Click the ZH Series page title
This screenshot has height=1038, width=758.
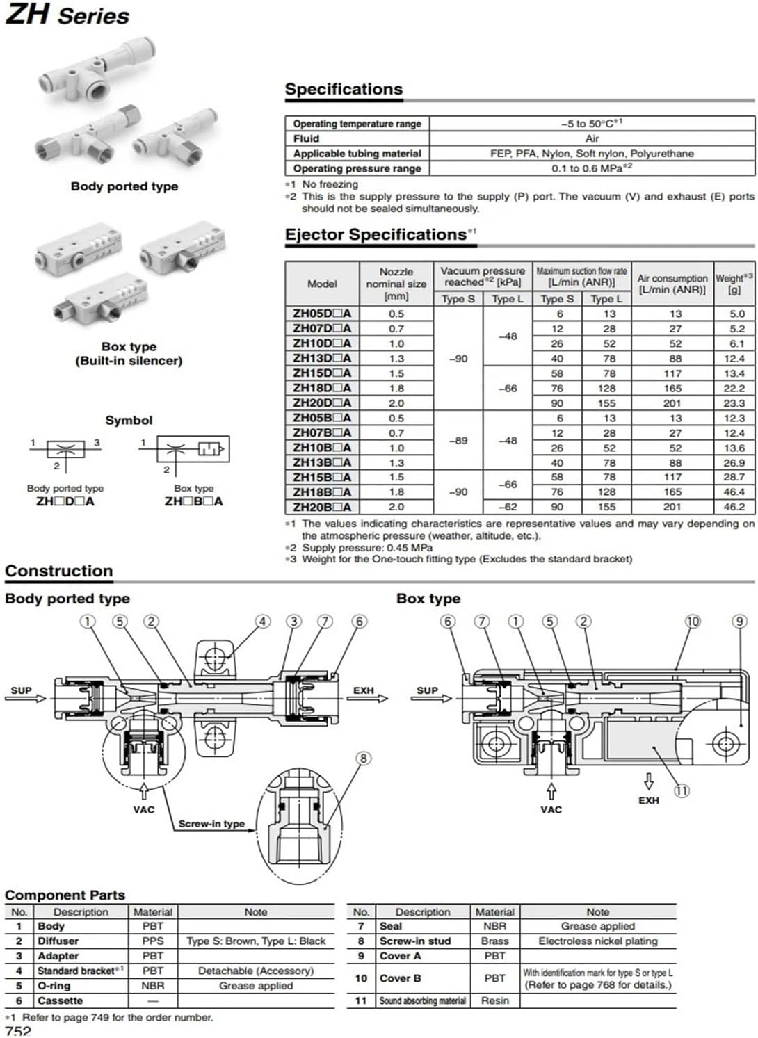pyautogui.click(x=67, y=15)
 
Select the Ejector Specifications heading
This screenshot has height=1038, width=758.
pyautogui.click(x=376, y=234)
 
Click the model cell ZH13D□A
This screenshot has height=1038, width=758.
pyautogui.click(x=322, y=358)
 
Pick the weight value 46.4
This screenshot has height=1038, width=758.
pyautogui.click(x=734, y=492)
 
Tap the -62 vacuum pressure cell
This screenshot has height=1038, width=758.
pyautogui.click(x=508, y=507)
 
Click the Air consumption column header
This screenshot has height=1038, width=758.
pyautogui.click(x=672, y=284)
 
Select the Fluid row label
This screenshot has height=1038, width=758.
pyautogui.click(x=306, y=138)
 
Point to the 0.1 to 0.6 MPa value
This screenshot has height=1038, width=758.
pyautogui.click(x=592, y=168)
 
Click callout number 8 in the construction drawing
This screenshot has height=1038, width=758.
pyautogui.click(x=363, y=759)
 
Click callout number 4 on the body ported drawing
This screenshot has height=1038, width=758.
pyautogui.click(x=262, y=621)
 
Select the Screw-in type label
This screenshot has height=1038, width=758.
pyautogui.click(x=211, y=823)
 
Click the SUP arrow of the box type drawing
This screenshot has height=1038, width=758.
pyautogui.click(x=432, y=698)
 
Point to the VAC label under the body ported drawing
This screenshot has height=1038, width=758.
pyautogui.click(x=144, y=809)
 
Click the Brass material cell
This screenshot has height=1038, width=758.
pyautogui.click(x=494, y=941)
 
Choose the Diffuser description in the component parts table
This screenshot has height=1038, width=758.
pyautogui.click(x=58, y=941)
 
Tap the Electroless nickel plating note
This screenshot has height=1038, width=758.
pyautogui.click(x=597, y=941)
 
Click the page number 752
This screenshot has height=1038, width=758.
pyautogui.click(x=18, y=1031)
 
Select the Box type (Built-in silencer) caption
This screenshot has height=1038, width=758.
pyautogui.click(x=129, y=354)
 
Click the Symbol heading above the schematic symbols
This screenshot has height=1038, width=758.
pyautogui.click(x=129, y=421)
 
